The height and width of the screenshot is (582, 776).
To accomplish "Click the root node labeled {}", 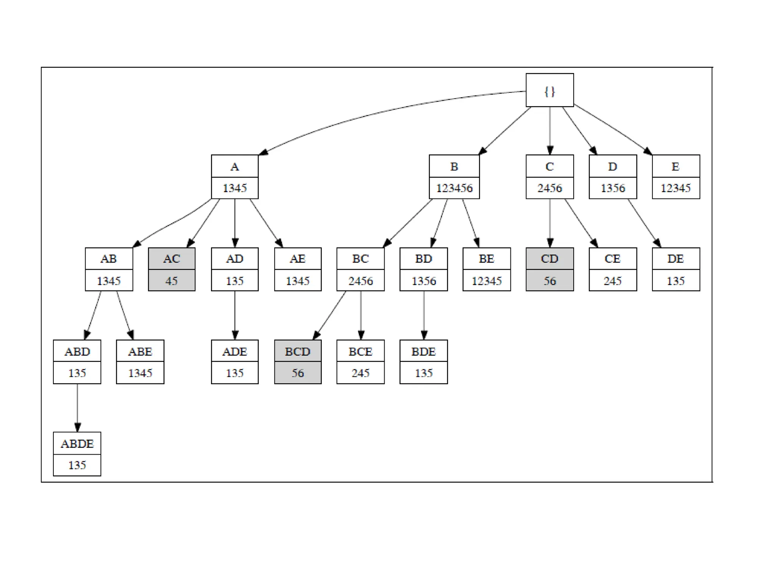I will pos(549,90).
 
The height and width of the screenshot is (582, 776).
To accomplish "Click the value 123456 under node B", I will pos(454,188).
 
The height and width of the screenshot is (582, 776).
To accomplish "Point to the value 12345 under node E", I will pos(676,188).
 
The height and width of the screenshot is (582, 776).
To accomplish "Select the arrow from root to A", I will pos(379,114).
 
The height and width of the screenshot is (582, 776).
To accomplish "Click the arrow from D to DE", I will pos(644,224).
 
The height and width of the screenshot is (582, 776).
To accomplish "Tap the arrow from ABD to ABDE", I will pos(77,408).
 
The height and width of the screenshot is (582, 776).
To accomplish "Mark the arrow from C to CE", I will pos(581,224).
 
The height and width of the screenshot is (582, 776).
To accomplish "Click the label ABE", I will pos(140,352).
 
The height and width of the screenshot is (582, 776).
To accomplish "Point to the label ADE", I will pos(235,352).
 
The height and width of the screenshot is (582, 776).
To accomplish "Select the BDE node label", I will pos(423,352).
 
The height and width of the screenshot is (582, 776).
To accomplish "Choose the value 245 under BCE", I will pos(360,373).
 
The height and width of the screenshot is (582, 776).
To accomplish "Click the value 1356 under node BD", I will pos(423,281).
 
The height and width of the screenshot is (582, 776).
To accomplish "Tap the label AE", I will pos(297,259).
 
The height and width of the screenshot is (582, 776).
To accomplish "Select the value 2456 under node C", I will pos(549,188).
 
